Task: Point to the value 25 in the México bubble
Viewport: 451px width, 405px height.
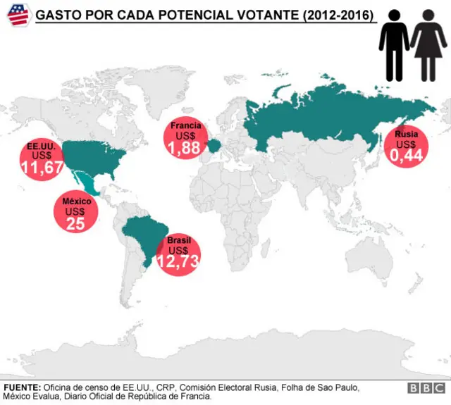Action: (x=75, y=223)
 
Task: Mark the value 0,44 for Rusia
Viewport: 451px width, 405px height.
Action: (x=406, y=155)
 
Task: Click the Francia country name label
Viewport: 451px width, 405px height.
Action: (x=186, y=126)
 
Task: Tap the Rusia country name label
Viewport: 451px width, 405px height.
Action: (x=406, y=134)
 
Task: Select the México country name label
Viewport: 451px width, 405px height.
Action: (x=75, y=201)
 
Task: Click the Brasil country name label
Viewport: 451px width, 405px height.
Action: (x=178, y=241)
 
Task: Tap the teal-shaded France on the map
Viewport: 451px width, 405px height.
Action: (x=214, y=146)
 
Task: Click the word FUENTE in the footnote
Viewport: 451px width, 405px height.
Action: (x=22, y=388)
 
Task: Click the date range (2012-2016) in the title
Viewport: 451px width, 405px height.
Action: (x=336, y=15)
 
